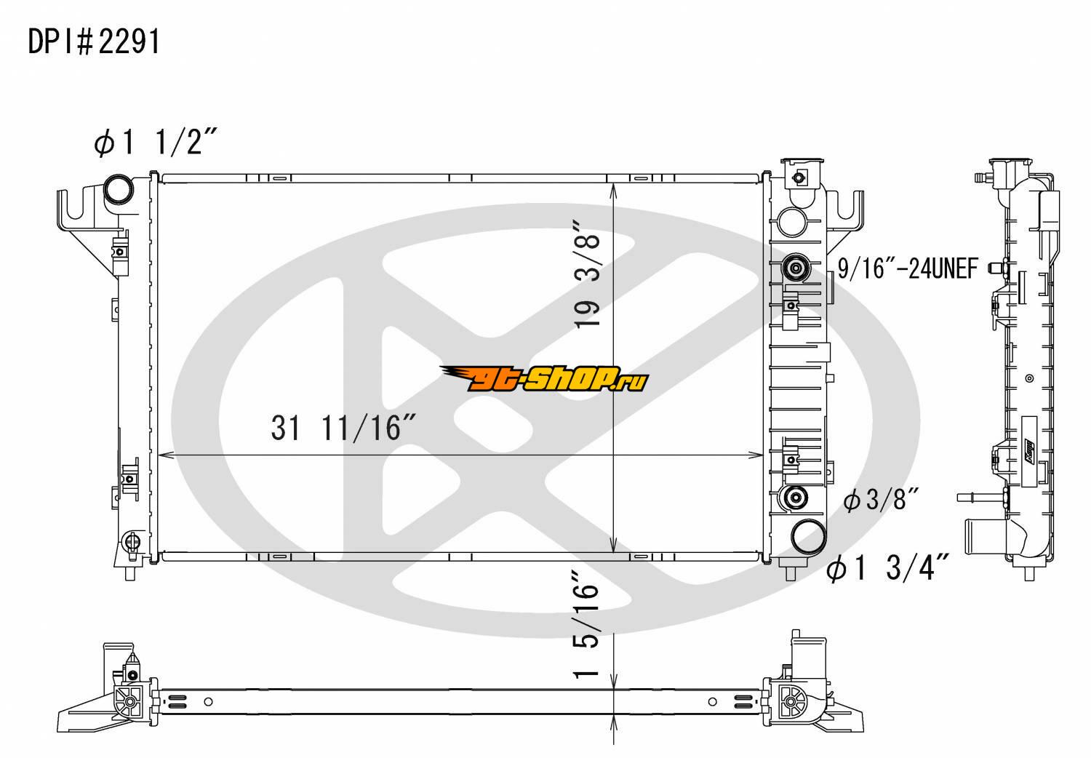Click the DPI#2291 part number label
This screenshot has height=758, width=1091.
(94, 42)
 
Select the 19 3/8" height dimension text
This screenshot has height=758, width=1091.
(587, 274)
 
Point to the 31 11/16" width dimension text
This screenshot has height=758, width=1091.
(343, 428)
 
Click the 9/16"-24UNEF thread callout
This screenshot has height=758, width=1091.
(908, 268)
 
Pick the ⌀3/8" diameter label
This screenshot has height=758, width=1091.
(881, 500)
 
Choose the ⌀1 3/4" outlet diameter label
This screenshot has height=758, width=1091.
(887, 567)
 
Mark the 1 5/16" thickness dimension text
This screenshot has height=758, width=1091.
(586, 624)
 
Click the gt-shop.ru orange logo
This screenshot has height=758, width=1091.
(545, 378)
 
